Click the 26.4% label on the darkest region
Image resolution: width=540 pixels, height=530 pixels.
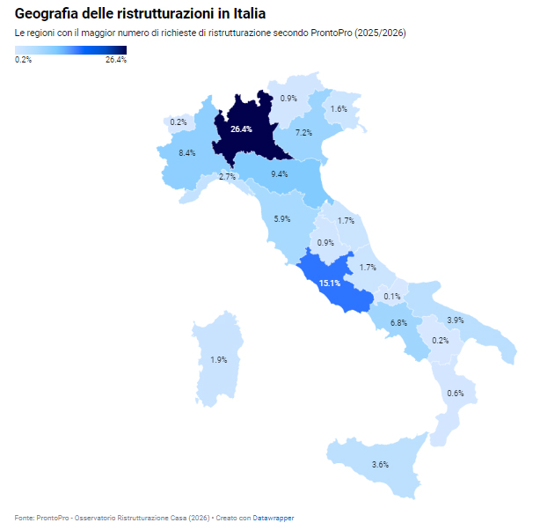tap(241, 129)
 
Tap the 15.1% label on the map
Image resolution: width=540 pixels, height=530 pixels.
tap(330, 283)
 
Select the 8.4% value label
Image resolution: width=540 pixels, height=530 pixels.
tap(186, 153)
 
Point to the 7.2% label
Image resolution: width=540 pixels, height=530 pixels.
tap(303, 133)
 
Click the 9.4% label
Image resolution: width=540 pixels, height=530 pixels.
tap(280, 174)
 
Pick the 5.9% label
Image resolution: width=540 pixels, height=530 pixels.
tap(282, 219)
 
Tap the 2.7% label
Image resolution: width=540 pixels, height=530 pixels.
tap(227, 177)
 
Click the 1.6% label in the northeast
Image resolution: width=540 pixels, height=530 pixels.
tap(339, 109)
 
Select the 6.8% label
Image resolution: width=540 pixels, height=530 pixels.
tap(398, 323)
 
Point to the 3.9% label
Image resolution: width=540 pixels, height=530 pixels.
tap(456, 320)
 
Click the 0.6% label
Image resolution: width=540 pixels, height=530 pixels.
tap(455, 393)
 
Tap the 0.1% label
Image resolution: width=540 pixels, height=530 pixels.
tap(392, 297)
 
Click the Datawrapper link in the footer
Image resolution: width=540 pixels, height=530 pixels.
tap(274, 518)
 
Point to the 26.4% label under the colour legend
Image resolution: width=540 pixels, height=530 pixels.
tap(115, 60)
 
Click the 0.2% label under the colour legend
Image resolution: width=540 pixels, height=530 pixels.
tap(24, 60)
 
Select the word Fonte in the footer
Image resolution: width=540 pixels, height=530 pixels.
tap(25, 518)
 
